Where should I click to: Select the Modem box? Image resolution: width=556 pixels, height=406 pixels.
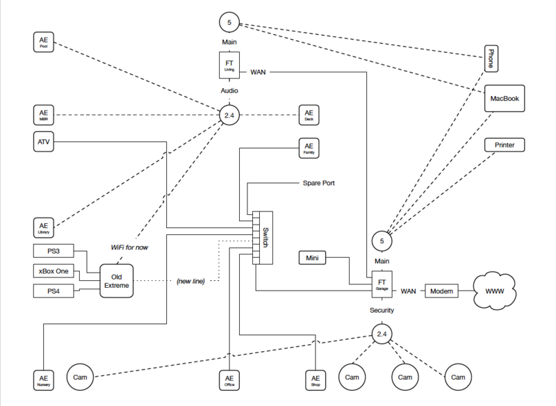[x=441, y=291]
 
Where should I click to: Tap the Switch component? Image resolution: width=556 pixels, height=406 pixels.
[x=262, y=238]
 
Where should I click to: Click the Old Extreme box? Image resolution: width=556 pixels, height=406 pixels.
[x=117, y=281]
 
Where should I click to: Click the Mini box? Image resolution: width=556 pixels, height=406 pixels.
[x=313, y=259]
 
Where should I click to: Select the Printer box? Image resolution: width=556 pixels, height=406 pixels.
[x=505, y=145]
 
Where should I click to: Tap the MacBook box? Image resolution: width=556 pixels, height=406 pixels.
[x=505, y=98]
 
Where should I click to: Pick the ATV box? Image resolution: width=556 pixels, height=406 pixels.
[x=43, y=143]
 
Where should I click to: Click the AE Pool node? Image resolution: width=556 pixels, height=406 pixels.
[x=43, y=42]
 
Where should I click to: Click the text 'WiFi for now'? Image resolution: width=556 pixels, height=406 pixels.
[x=129, y=247]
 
